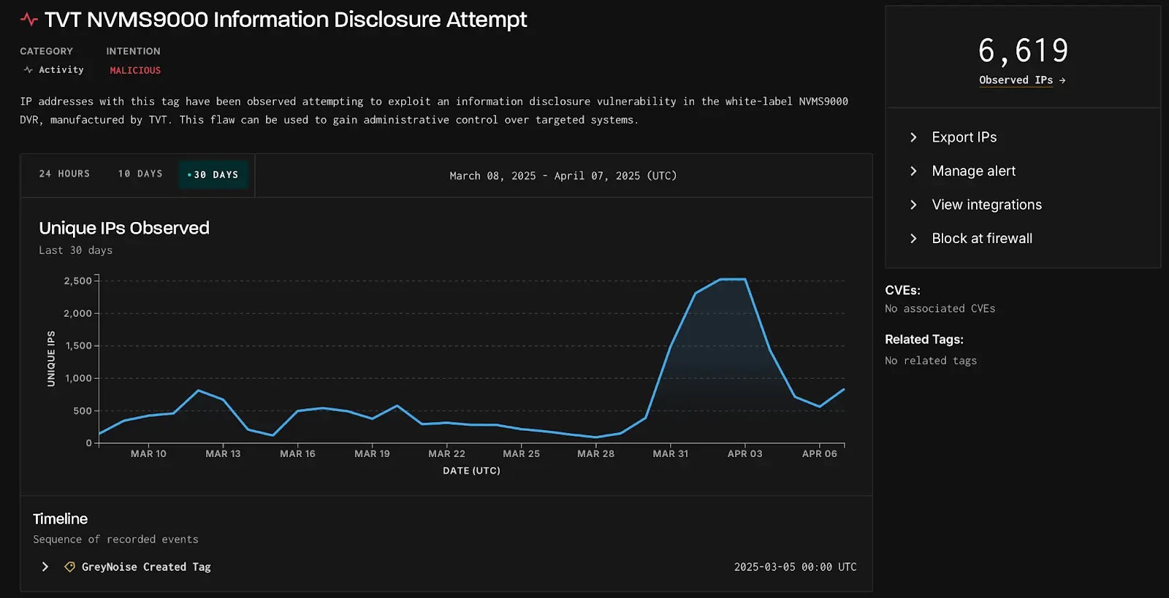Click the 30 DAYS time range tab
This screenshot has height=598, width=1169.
(x=214, y=175)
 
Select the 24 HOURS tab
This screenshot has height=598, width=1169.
(x=64, y=174)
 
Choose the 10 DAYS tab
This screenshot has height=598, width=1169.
(x=140, y=174)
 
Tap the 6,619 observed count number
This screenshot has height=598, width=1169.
(x=1023, y=51)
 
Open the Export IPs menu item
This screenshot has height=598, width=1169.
(x=964, y=137)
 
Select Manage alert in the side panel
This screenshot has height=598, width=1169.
(x=973, y=171)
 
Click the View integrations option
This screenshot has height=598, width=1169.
(x=986, y=204)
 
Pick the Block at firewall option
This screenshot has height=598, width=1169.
(x=981, y=238)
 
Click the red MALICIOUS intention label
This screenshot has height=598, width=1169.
(x=135, y=70)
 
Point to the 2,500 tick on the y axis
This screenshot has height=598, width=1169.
(x=77, y=281)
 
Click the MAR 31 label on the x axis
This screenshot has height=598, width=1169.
(x=670, y=453)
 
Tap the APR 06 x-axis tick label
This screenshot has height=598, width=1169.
(x=819, y=453)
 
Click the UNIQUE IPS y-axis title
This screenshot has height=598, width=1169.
(x=51, y=359)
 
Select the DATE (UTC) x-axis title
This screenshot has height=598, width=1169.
(x=471, y=471)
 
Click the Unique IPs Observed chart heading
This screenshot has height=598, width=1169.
(x=124, y=228)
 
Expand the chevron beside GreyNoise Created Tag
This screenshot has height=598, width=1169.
(x=45, y=567)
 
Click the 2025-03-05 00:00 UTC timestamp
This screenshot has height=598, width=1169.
(x=795, y=567)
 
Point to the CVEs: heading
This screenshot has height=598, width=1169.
(x=902, y=290)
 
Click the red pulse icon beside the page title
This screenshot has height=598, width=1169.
(x=29, y=20)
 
